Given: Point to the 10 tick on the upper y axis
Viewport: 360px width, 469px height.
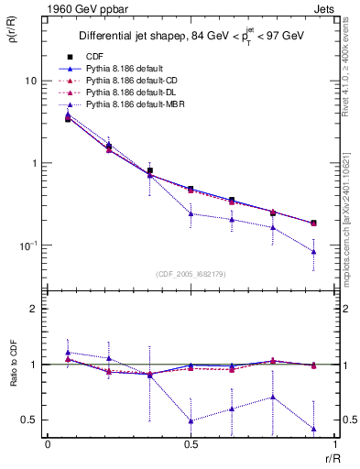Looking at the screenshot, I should click(x=30, y=81).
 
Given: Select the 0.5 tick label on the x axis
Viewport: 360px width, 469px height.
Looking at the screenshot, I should click(x=191, y=443).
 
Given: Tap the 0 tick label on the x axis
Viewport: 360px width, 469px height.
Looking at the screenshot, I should click(x=48, y=443).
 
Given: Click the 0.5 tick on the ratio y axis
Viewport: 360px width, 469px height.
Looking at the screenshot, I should click(x=29, y=420).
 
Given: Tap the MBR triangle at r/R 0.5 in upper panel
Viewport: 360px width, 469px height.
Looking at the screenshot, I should click(x=191, y=213).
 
